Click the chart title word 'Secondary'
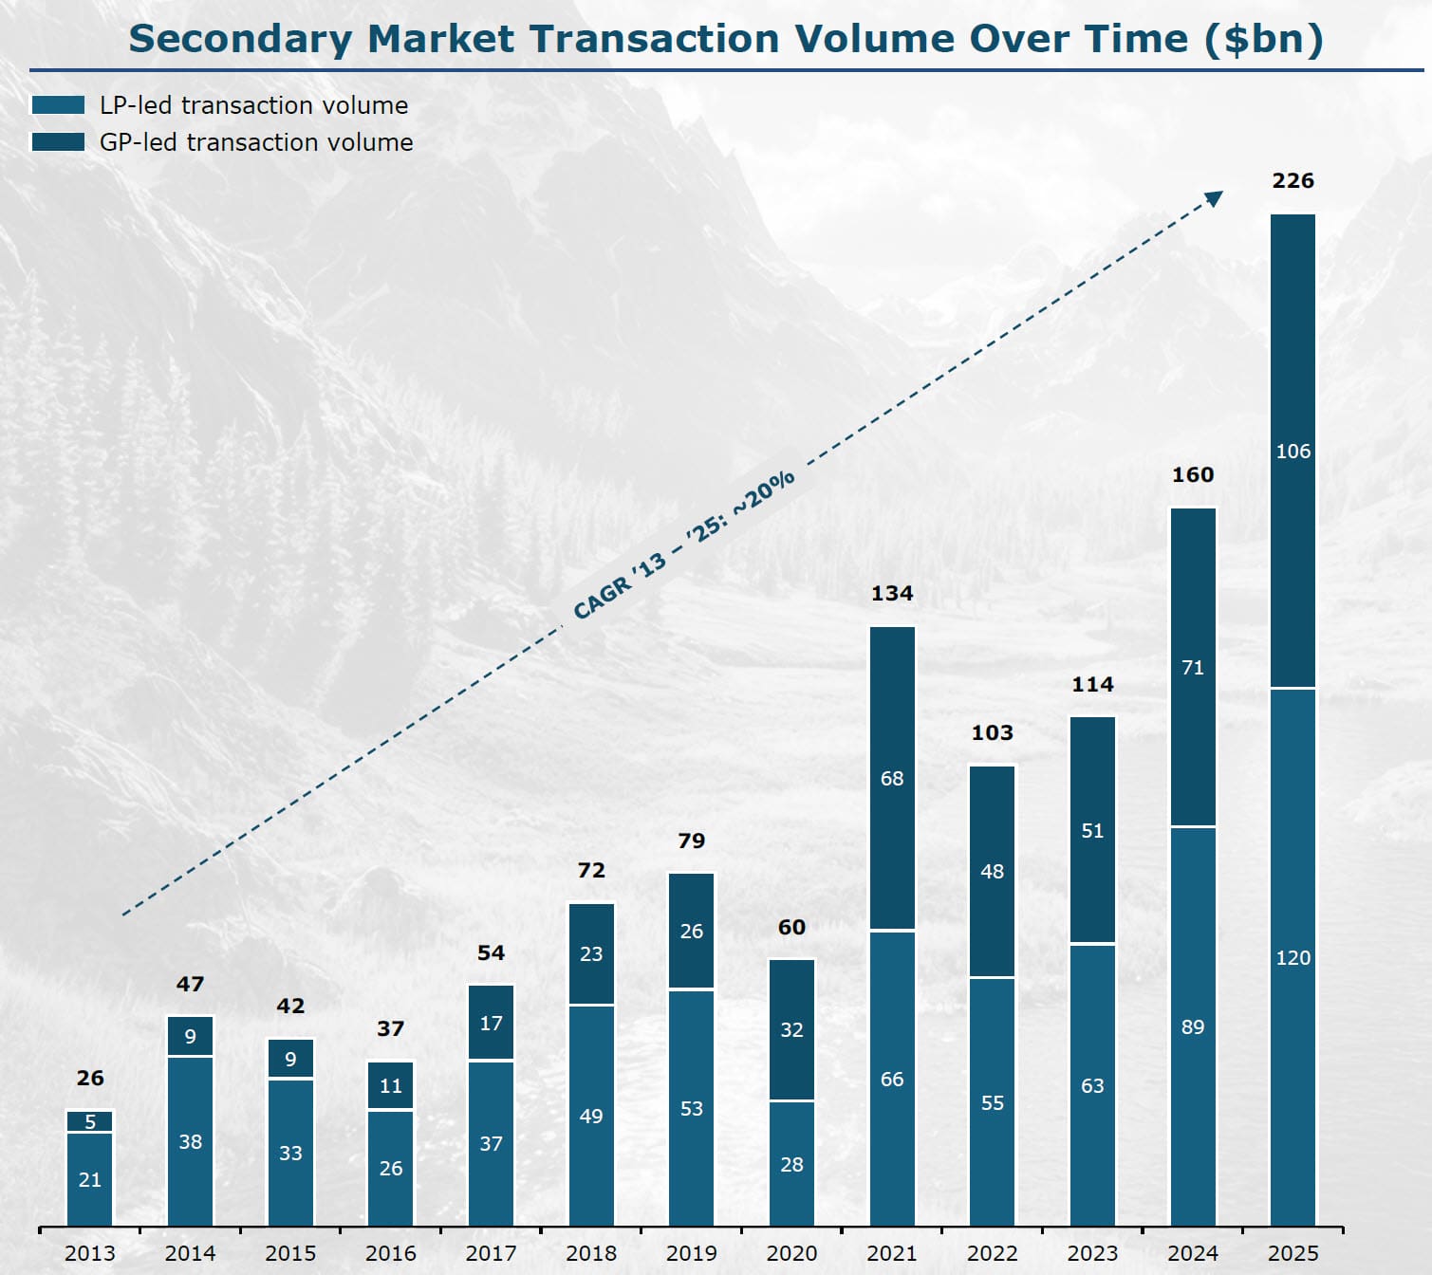pyautogui.click(x=239, y=39)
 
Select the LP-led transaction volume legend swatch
pyautogui.click(x=58, y=105)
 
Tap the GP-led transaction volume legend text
pyautogui.click(x=256, y=142)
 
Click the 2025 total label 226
pyautogui.click(x=1293, y=180)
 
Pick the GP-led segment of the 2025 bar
pyautogui.click(x=1293, y=451)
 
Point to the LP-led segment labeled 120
pyautogui.click(x=1293, y=956)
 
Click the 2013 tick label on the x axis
pyautogui.click(x=90, y=1253)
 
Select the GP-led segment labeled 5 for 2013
pyautogui.click(x=90, y=1121)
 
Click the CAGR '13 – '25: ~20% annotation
pyautogui.click(x=683, y=545)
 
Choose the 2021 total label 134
pyautogui.click(x=892, y=594)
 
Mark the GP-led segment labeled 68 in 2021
pyautogui.click(x=892, y=778)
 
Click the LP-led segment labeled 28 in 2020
pyautogui.click(x=791, y=1163)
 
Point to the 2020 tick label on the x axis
pyautogui.click(x=791, y=1253)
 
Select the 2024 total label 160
pyautogui.click(x=1193, y=474)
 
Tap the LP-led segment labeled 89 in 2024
pyautogui.click(x=1193, y=1026)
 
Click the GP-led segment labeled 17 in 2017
pyautogui.click(x=491, y=1023)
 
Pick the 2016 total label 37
pyautogui.click(x=390, y=1028)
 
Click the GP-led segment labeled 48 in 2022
pyautogui.click(x=992, y=871)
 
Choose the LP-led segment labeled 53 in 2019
pyautogui.click(x=691, y=1108)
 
